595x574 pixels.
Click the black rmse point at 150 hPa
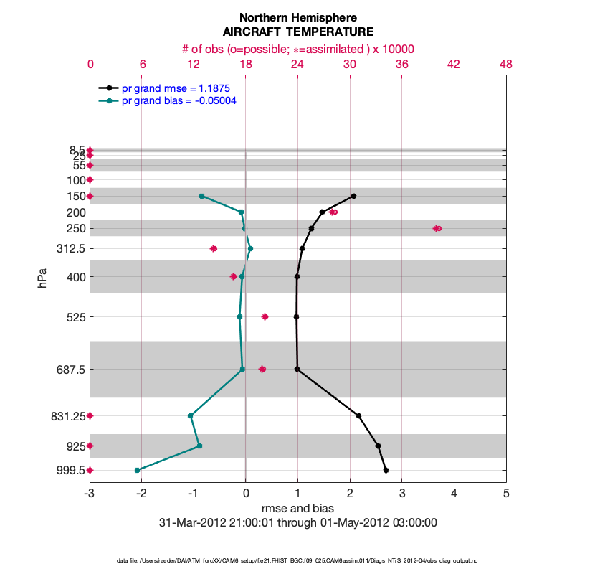point(353,196)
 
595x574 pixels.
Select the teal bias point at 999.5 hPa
point(137,470)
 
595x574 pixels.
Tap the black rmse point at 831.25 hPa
point(358,415)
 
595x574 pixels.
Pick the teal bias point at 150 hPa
point(201,196)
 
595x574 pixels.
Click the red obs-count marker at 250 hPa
point(437,228)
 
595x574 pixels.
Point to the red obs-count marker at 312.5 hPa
point(214,248)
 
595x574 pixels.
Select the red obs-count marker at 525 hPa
point(265,316)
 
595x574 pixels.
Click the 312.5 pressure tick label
point(70,248)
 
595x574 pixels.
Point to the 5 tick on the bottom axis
point(506,494)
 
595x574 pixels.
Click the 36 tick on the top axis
point(401,64)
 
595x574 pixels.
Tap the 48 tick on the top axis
point(505,64)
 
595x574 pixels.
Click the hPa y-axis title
point(42,278)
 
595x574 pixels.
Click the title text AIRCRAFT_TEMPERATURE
point(298,32)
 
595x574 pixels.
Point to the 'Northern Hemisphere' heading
point(298,17)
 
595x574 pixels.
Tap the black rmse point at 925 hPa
point(378,446)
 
